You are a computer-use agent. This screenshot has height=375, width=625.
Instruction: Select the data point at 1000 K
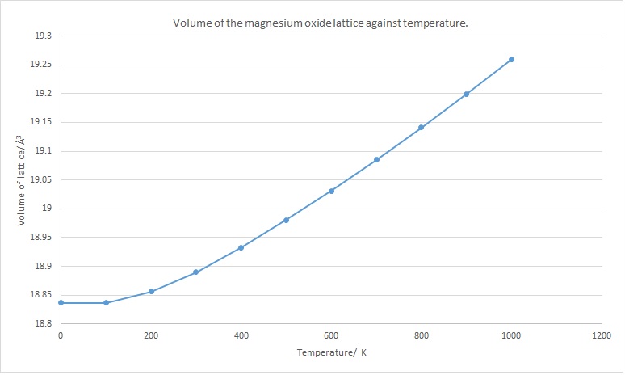click(x=511, y=59)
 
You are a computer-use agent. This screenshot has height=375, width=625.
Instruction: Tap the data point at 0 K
click(x=61, y=303)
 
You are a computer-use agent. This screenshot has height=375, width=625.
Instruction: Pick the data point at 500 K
click(x=286, y=220)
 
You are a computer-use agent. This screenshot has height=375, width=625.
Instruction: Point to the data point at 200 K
click(x=151, y=292)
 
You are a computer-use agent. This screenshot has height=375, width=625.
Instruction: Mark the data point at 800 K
click(x=421, y=128)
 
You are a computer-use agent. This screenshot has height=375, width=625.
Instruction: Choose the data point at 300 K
click(x=196, y=272)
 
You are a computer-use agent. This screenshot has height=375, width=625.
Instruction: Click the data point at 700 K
click(x=376, y=160)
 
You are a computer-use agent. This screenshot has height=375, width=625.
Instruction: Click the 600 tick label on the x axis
click(x=331, y=335)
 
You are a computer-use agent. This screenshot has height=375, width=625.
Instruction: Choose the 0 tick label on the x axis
click(x=61, y=335)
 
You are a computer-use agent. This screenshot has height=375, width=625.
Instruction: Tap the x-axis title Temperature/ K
click(x=331, y=353)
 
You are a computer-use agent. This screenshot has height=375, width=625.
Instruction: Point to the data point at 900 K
click(x=466, y=94)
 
